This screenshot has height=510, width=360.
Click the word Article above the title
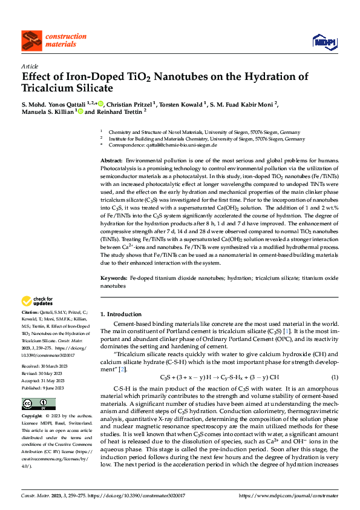point(30,66)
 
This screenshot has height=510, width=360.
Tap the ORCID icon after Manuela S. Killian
point(80,112)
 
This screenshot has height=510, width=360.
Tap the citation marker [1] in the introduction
point(289,331)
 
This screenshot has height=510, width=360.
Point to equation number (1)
point(335,377)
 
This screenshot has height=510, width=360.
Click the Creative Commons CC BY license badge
point(34,404)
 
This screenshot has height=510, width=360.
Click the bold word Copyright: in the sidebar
point(32,417)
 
